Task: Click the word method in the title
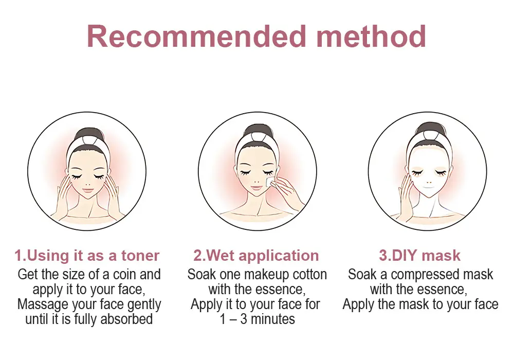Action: tap(372, 37)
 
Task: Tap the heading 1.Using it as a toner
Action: tap(87, 256)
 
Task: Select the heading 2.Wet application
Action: tap(256, 256)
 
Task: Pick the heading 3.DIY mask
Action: tap(419, 256)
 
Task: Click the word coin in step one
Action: tap(124, 275)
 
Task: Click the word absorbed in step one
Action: tap(126, 319)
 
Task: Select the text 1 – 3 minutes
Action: tap(258, 319)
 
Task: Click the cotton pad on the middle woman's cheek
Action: tap(271, 182)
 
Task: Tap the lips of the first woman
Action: tap(87, 189)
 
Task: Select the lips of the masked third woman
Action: tap(428, 189)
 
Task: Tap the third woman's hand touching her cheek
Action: tap(406, 193)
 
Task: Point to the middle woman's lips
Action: tap(258, 187)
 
